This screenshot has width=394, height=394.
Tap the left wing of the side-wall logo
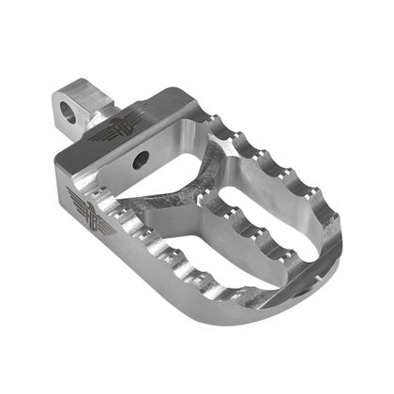tap(77, 198)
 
